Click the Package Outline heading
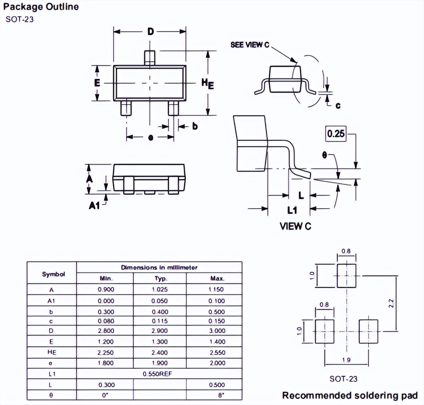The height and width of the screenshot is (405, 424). click(41, 7)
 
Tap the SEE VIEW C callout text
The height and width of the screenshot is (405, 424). click(250, 44)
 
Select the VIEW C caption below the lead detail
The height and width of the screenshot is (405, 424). click(295, 226)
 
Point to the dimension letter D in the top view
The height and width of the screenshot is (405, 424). click(150, 32)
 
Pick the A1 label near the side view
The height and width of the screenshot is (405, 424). click(94, 206)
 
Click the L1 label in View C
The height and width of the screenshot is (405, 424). click(292, 209)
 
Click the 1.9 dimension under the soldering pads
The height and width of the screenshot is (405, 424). click(346, 361)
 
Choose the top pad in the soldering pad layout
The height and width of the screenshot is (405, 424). click(346, 275)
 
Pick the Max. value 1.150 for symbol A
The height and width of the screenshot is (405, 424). click(216, 289)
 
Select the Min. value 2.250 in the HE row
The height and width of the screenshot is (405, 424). click(105, 352)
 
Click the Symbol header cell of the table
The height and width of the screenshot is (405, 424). click(52, 274)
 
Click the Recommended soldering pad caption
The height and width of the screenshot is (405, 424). click(350, 396)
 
